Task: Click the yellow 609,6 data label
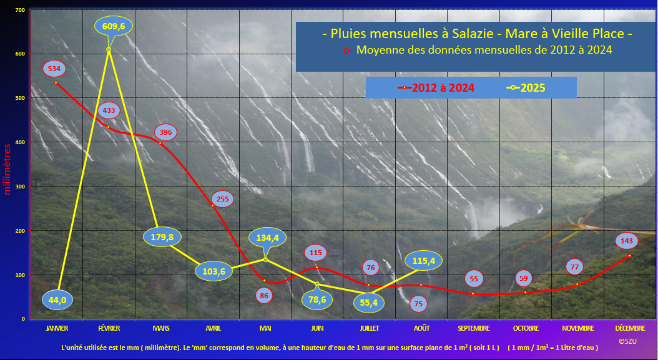(x=114, y=26)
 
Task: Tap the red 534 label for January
(x=54, y=69)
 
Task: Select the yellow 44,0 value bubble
(x=57, y=300)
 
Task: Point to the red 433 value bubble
(x=109, y=111)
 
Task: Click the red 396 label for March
(x=166, y=133)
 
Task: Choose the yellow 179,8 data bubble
(x=162, y=237)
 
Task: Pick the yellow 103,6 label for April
(x=214, y=271)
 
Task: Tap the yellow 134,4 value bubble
(x=267, y=238)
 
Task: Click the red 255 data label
(x=222, y=199)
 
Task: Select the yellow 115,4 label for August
(x=423, y=261)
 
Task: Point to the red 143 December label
(x=627, y=241)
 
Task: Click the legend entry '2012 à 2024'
(x=436, y=88)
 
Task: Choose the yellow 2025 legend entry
(x=526, y=88)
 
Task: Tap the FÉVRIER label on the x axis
(x=109, y=328)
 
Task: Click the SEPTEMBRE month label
(x=474, y=328)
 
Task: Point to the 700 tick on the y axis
(x=20, y=9)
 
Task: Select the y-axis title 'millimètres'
(x=7, y=169)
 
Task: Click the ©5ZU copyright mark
(x=627, y=341)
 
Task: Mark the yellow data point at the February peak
(x=109, y=49)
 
